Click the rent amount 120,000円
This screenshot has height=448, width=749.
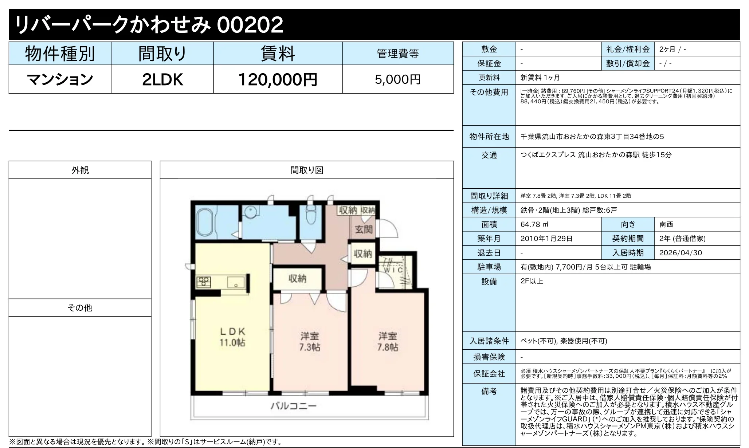pyautogui.click(x=278, y=79)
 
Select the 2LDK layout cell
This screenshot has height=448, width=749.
pyautogui.click(x=162, y=79)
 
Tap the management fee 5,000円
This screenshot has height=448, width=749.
pyautogui.click(x=398, y=79)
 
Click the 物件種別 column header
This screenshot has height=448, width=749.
pyautogui.click(x=60, y=54)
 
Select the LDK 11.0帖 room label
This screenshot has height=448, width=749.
pyautogui.click(x=232, y=337)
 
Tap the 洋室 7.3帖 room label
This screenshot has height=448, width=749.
pyautogui.click(x=310, y=341)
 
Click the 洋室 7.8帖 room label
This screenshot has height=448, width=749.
pyautogui.click(x=387, y=341)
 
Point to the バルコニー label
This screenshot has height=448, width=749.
pyautogui.click(x=294, y=406)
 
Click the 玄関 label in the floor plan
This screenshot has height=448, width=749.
pyautogui.click(x=364, y=229)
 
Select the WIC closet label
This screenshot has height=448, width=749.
pyautogui.click(x=393, y=270)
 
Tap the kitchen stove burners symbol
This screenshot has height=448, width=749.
pyautogui.click(x=203, y=282)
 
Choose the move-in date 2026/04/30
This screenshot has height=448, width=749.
pyautogui.click(x=681, y=253)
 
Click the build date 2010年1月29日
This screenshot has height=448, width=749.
pyautogui.click(x=546, y=239)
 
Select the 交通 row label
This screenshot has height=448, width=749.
pyautogui.click(x=489, y=156)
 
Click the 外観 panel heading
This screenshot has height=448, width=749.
pyautogui.click(x=80, y=170)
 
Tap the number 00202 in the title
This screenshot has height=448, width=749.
pyautogui.click(x=250, y=25)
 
